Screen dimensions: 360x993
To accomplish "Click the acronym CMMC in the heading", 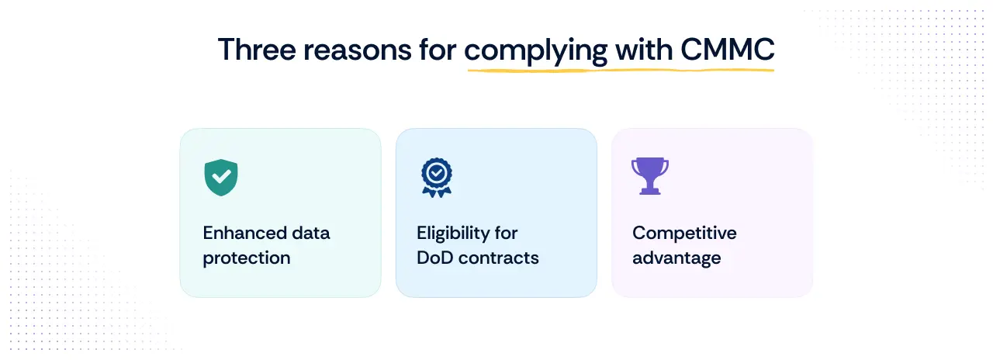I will coord(727,50).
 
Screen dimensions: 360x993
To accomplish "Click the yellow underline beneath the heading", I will coord(621,70).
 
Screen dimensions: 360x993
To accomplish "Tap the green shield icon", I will coord(221,178).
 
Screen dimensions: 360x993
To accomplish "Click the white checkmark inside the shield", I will coord(221,175).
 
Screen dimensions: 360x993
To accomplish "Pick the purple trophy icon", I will coord(650,175).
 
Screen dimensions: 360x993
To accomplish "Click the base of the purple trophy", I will coord(650,191).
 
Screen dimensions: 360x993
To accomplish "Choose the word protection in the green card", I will coord(247,258).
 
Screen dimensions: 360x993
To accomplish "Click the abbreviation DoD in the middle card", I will coord(434,258).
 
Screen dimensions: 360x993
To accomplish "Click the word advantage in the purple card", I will coord(676,258).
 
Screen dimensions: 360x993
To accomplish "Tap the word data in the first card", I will coord(310,233).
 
